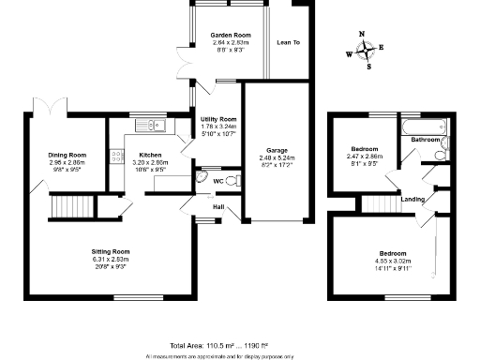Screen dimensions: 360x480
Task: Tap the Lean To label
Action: [x=288, y=42]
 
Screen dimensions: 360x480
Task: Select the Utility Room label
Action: [x=218, y=119]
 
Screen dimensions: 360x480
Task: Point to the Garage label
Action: [x=277, y=149]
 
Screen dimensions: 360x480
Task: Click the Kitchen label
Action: [x=151, y=154]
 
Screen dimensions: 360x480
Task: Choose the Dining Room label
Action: [x=67, y=155]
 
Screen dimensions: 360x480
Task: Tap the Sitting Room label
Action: [x=110, y=251]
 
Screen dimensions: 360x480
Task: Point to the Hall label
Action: [x=218, y=206]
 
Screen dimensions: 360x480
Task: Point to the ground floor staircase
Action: [x=71, y=205]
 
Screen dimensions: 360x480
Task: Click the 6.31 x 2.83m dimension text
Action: [x=110, y=260]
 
